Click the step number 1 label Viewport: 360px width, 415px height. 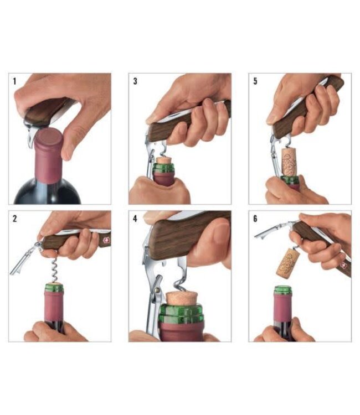click(x=14, y=81)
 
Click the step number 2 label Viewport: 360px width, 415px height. click(x=14, y=218)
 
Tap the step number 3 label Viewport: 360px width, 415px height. click(x=135, y=81)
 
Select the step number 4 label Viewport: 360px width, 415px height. click(x=135, y=218)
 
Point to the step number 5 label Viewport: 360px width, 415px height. click(x=255, y=81)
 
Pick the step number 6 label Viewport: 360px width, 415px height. click(x=255, y=218)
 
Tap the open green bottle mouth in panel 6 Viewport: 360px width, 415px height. click(x=284, y=289)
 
